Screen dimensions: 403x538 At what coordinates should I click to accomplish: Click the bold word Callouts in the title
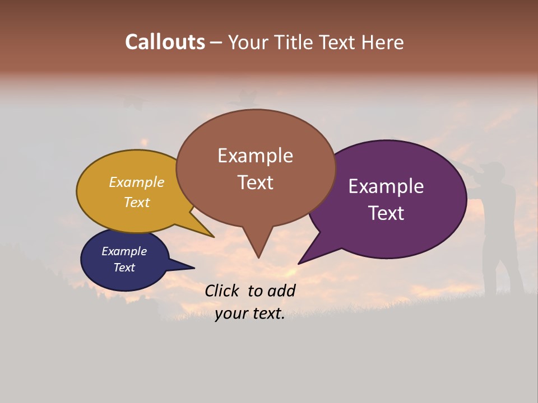coord(165,42)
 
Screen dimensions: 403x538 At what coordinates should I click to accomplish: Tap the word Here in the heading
coord(383,42)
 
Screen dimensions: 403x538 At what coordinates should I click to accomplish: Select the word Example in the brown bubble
coord(255,156)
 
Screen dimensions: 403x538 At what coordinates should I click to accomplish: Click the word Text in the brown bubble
coord(255,182)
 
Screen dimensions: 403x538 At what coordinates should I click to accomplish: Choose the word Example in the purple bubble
coord(386,186)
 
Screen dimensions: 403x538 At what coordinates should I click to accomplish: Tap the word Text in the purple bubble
coord(386,213)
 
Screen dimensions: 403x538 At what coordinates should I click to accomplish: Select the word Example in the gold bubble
coord(137,182)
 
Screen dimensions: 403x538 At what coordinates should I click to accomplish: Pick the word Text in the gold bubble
coord(137,203)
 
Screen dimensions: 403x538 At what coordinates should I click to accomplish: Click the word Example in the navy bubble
coord(124,251)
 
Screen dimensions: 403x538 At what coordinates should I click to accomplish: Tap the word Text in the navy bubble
coord(124,268)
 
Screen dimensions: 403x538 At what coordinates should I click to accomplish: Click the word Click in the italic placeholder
coord(223,290)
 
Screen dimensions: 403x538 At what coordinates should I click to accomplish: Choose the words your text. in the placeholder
coord(250,314)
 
